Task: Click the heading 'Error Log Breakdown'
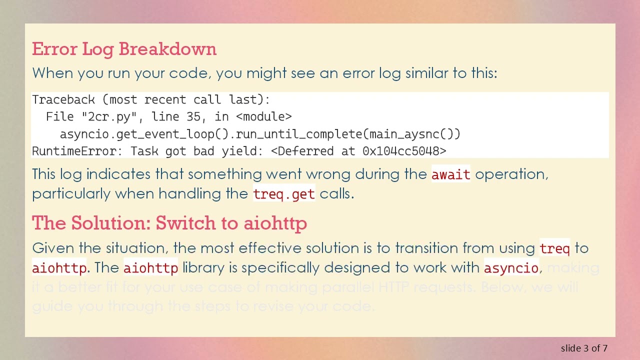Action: pos(124,49)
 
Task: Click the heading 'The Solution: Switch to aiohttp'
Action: pos(169,223)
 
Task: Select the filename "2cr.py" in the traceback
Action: pos(109,117)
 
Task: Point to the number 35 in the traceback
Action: pos(193,117)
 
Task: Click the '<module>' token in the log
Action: pos(263,117)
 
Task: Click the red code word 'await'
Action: pos(450,174)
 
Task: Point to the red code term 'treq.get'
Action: pos(284,194)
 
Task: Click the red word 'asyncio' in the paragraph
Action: pos(510,268)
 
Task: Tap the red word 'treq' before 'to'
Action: pos(554,248)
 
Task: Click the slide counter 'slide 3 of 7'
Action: pos(584,348)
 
